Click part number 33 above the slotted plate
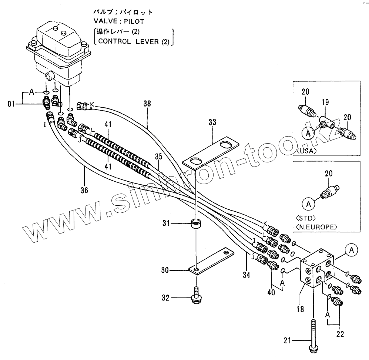212,122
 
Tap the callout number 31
165,223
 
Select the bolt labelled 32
195,296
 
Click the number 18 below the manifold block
300,309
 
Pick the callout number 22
340,334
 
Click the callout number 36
84,191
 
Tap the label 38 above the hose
147,105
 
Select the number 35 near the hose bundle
158,157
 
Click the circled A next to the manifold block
352,250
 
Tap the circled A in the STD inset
309,203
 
